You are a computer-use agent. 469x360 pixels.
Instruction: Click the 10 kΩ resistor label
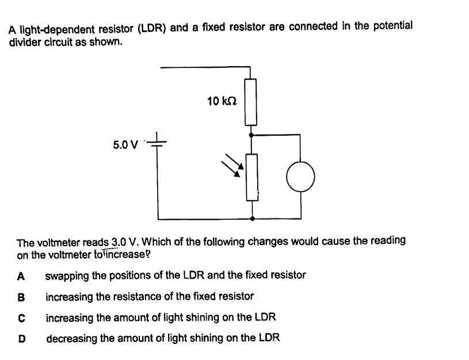(222, 101)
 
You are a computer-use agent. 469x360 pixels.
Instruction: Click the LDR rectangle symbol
(252, 177)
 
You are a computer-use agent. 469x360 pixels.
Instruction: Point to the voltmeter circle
(300, 177)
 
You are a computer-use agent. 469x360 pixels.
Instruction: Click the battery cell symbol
(159, 143)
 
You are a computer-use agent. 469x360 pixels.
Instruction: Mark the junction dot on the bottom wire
(251, 219)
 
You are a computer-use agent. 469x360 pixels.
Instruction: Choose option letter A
(21, 275)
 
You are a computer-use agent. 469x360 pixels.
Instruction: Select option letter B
(21, 297)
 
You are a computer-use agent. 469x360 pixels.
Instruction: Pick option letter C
(21, 317)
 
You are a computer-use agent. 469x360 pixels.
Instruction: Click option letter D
(21, 338)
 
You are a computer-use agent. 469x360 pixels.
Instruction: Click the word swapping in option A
(68, 275)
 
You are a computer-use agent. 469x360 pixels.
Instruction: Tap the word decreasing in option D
(71, 338)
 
